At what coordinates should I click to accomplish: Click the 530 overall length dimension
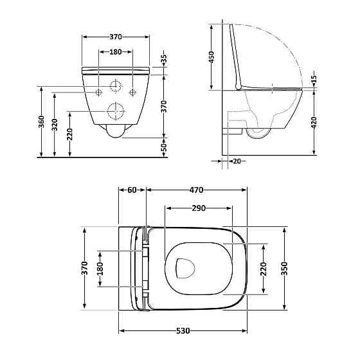(183, 332)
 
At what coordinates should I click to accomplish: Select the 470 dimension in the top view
(197, 190)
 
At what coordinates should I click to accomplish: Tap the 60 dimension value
(132, 190)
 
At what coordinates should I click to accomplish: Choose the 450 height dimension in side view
(213, 58)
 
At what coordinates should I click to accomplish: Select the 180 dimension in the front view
(116, 52)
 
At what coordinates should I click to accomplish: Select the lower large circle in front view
(116, 111)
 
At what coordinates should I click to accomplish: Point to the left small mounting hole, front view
(98, 93)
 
